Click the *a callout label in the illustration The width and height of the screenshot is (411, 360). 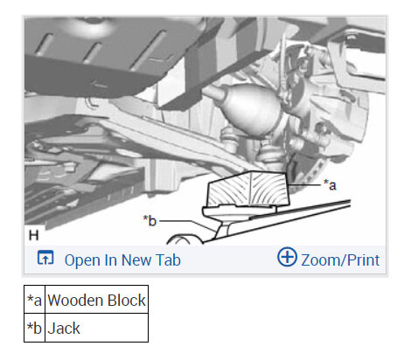coord(330,184)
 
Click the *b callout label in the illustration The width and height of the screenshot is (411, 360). coord(150,220)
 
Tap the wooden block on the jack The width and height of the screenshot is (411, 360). coord(248,190)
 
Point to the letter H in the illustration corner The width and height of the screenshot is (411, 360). coord(34,235)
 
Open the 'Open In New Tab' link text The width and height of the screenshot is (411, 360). coord(122,260)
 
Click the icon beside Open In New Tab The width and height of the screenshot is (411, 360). coord(45,258)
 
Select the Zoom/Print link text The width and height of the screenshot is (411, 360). coord(340,260)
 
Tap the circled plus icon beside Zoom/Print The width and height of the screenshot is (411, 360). coord(287,257)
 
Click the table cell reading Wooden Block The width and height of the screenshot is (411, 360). coord(97,300)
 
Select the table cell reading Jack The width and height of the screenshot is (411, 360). coord(97,328)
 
